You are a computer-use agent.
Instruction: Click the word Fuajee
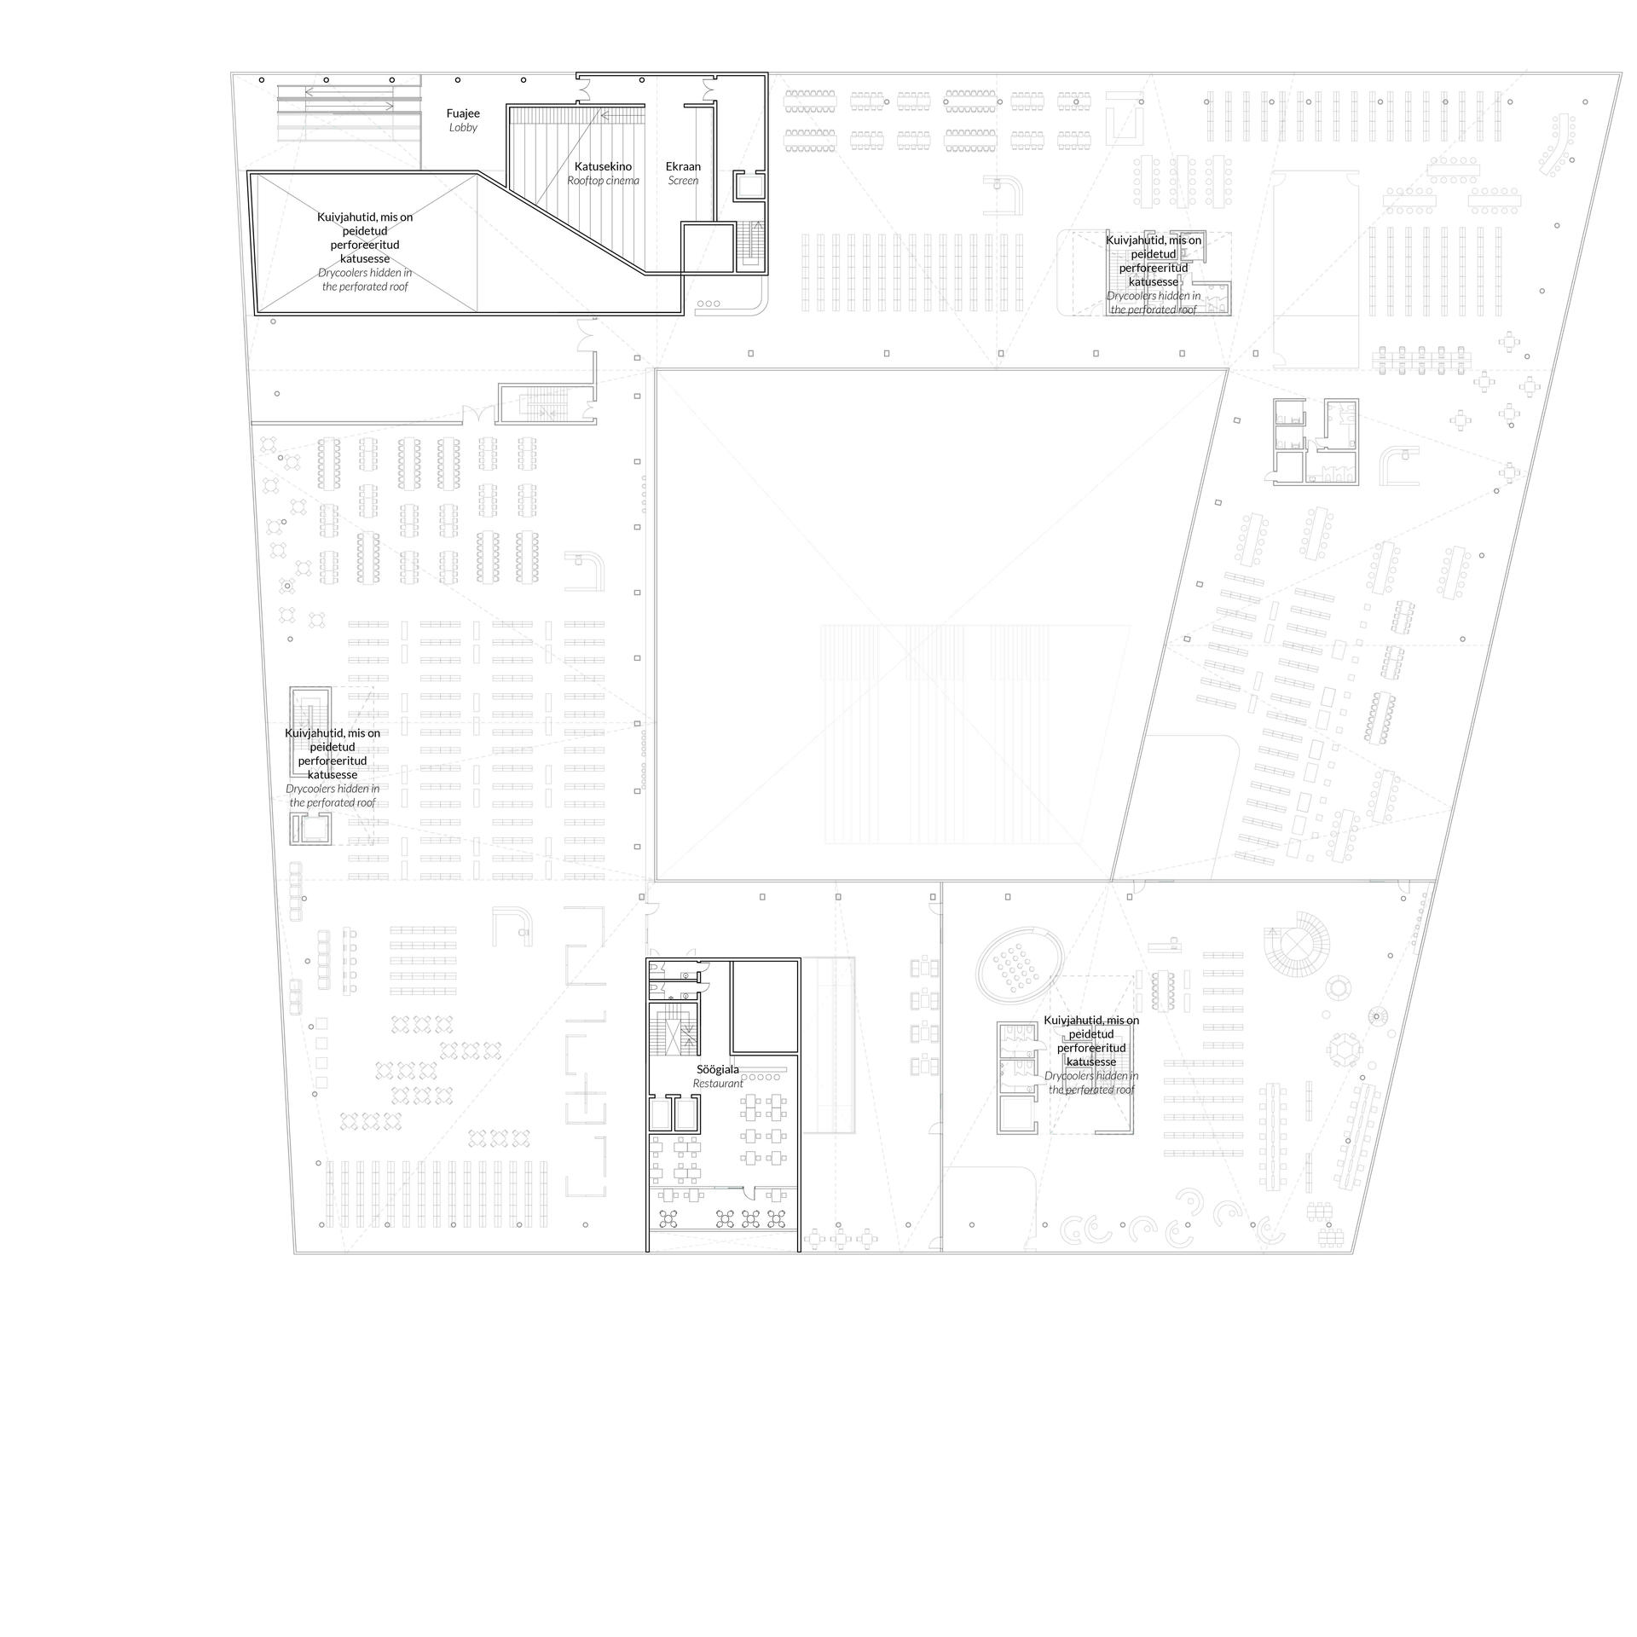click(463, 113)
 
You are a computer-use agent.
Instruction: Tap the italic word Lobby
click(463, 128)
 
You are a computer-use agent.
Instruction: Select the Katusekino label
click(603, 166)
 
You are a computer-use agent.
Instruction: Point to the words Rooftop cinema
click(603, 181)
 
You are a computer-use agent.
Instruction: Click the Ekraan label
click(683, 166)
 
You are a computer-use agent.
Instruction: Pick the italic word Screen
click(683, 181)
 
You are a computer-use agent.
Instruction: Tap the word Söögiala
click(718, 1069)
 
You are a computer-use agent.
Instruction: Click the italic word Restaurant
click(718, 1084)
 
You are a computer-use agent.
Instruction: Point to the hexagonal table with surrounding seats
click(1346, 1050)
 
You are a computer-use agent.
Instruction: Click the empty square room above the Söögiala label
click(765, 1006)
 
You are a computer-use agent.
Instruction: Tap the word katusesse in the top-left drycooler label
click(365, 258)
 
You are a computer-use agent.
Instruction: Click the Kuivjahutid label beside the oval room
click(1091, 1020)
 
